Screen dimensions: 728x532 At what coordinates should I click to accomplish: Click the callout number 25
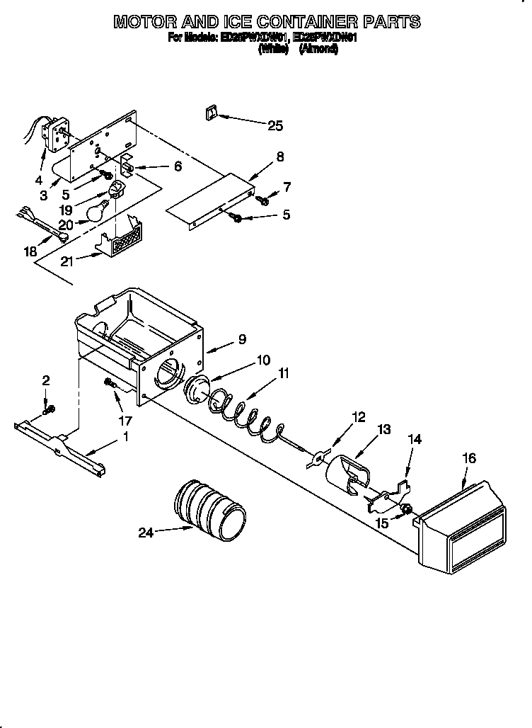click(x=274, y=126)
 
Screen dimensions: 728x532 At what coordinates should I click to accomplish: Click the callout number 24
click(x=145, y=533)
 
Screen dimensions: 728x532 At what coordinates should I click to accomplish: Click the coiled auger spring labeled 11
click(x=248, y=418)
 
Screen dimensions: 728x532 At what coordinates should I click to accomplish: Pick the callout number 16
click(x=469, y=458)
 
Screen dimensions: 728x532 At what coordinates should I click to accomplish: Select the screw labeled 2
click(x=48, y=409)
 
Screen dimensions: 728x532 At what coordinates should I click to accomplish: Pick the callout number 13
click(x=384, y=430)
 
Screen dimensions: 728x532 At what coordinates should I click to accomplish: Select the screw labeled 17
click(x=110, y=383)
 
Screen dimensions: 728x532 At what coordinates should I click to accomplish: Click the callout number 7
click(x=287, y=186)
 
